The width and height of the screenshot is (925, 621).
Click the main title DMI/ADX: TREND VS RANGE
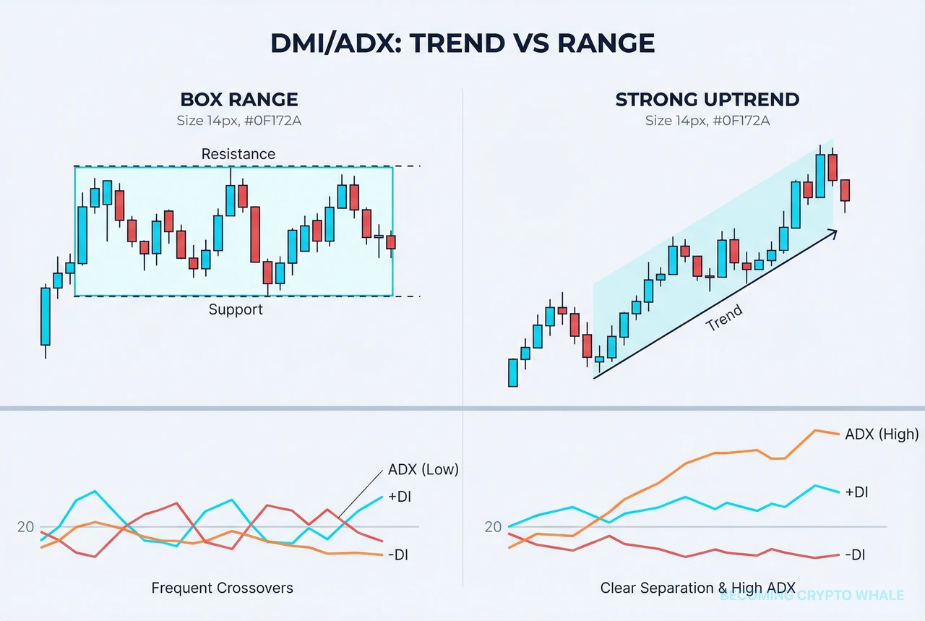(x=462, y=43)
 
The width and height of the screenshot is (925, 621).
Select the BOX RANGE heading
(x=238, y=99)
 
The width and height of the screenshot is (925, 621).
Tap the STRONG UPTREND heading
(x=707, y=99)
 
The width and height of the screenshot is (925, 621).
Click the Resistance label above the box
(x=238, y=154)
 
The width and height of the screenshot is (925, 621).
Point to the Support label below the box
(x=236, y=309)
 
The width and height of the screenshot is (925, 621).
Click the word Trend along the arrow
(x=723, y=318)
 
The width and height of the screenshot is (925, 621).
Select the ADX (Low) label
(x=423, y=469)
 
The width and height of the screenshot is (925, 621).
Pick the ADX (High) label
(x=882, y=434)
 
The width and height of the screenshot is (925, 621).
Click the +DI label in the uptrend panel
(x=856, y=492)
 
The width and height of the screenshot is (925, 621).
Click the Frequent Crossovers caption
(x=222, y=588)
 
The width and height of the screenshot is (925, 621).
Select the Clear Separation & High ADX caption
(x=697, y=588)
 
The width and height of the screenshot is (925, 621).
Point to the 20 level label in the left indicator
(x=25, y=527)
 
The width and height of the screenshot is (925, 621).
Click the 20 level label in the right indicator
(x=493, y=527)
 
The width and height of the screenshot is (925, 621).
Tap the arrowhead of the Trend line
(x=833, y=232)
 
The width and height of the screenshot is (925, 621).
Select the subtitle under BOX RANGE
(x=238, y=120)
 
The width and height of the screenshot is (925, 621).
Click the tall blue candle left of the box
(x=46, y=316)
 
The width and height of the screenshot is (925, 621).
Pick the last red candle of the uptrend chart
(x=845, y=190)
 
